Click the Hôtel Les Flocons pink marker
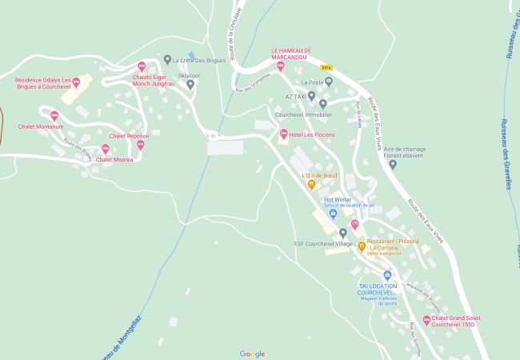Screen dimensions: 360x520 283,134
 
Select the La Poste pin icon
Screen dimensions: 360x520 328,82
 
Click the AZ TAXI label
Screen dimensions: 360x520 295,96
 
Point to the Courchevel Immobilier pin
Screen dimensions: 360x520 322,103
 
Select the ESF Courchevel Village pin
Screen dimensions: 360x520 342,233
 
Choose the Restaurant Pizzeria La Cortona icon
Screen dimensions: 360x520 362,246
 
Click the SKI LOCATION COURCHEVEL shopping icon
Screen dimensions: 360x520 387,275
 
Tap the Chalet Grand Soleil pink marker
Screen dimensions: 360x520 426,320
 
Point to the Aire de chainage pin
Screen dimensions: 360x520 392,164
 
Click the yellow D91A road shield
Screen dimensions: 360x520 326,68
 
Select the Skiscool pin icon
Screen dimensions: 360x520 190,84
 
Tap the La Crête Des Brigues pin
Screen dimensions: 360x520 167,59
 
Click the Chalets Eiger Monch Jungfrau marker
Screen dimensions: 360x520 142,66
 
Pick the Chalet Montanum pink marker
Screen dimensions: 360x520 54,116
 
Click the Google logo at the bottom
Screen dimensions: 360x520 252,354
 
